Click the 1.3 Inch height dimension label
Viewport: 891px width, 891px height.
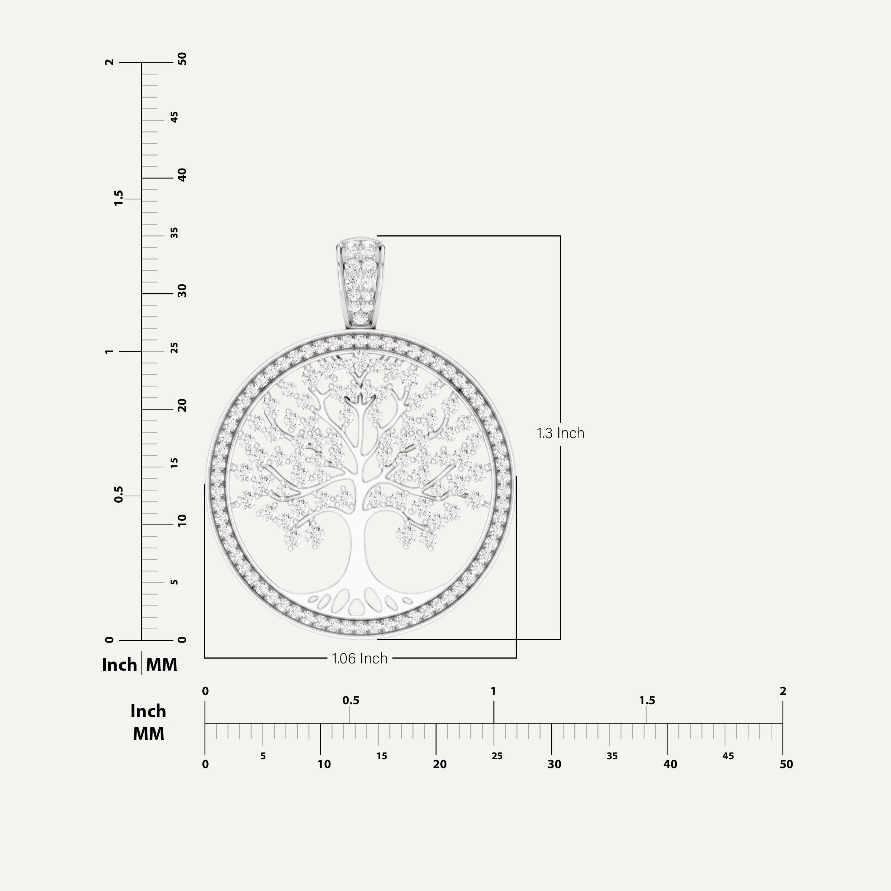click(560, 433)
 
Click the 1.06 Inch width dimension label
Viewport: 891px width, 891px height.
click(360, 658)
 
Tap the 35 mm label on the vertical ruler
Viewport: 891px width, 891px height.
click(174, 234)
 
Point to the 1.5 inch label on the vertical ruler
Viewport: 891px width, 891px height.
click(118, 198)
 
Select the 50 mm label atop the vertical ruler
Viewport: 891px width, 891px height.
click(182, 59)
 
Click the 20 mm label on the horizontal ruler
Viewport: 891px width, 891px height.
click(440, 764)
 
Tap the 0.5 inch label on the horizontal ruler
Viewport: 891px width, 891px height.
click(350, 701)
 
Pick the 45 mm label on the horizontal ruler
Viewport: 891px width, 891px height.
click(728, 756)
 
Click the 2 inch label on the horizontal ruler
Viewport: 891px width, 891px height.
click(783, 691)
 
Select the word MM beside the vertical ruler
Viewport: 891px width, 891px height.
click(161, 665)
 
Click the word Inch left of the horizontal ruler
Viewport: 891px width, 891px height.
click(148, 711)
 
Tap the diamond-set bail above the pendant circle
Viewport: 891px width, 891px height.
click(360, 282)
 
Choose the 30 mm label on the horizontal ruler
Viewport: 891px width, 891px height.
click(554, 764)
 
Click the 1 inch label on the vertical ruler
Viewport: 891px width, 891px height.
click(109, 352)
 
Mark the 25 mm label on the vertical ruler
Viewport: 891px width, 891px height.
click(174, 348)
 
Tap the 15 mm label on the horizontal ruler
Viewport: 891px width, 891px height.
click(381, 756)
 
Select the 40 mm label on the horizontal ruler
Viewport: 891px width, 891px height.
click(670, 764)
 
